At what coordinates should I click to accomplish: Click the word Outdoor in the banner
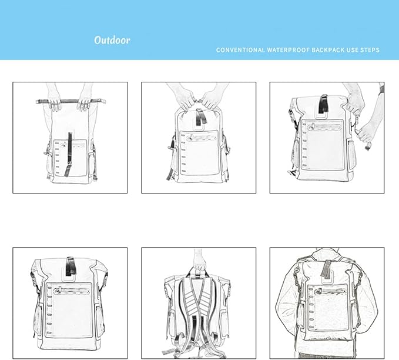pyautogui.click(x=112, y=40)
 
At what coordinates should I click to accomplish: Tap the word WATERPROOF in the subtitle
pyautogui.click(x=288, y=50)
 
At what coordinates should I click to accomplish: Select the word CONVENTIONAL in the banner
pyautogui.click(x=240, y=50)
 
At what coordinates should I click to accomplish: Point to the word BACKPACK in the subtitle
pyautogui.click(x=328, y=50)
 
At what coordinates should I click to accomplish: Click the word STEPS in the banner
pyautogui.click(x=370, y=50)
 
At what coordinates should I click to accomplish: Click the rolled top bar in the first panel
pyautogui.click(x=71, y=101)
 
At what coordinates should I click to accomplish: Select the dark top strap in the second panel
pyautogui.click(x=200, y=117)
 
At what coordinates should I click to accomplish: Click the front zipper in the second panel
pyautogui.click(x=201, y=138)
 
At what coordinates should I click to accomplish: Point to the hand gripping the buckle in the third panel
pyautogui.click(x=366, y=133)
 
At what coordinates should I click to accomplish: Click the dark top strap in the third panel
pyautogui.click(x=323, y=104)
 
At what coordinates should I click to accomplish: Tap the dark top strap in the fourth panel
pyautogui.click(x=71, y=266)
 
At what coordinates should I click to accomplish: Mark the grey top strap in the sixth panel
pyautogui.click(x=326, y=269)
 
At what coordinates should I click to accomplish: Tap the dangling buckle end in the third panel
pyautogui.click(x=367, y=146)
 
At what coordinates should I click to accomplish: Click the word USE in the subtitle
pyautogui.click(x=352, y=50)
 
